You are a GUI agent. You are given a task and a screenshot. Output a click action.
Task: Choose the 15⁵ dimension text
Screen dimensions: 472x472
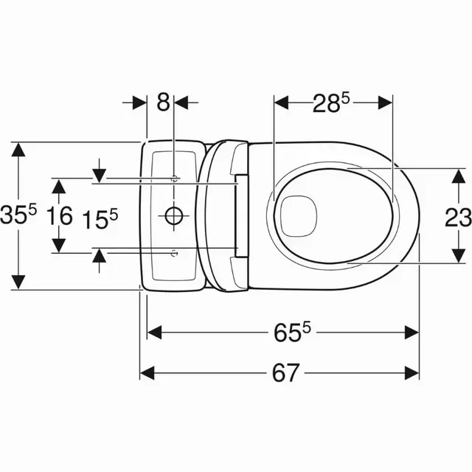[100, 218]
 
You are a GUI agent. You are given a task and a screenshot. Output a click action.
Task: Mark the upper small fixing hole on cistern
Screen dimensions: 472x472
[174, 178]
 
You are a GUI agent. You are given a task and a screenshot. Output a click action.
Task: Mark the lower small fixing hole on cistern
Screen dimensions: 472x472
[174, 253]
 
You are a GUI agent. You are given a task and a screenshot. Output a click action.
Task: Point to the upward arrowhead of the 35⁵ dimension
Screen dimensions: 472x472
[19, 147]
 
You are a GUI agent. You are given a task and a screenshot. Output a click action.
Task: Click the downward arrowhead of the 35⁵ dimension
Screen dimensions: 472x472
[19, 283]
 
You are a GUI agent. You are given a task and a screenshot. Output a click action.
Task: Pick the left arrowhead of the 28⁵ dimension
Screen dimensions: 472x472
[281, 104]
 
